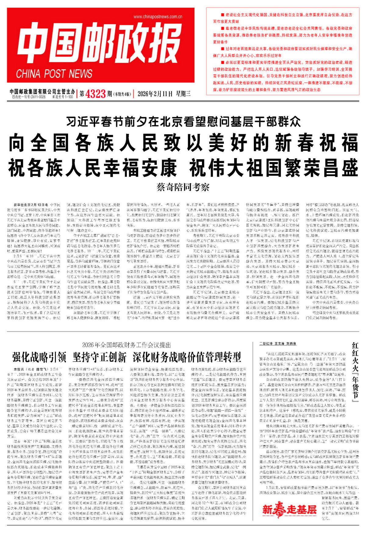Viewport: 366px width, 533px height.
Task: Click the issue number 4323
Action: [96, 94]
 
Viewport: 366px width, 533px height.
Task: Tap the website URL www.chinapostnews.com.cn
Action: [158, 17]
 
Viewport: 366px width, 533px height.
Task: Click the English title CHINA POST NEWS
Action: [54, 74]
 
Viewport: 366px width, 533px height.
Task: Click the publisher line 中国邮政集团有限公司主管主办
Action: [42, 91]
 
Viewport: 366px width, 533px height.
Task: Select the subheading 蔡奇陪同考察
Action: [183, 187]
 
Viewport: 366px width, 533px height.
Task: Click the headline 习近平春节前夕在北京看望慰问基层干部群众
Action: [183, 122]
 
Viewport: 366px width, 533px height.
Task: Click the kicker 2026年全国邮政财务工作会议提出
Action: [126, 345]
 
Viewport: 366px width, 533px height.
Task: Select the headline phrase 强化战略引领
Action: [39, 356]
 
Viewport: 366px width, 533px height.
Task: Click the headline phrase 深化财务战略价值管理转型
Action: [187, 356]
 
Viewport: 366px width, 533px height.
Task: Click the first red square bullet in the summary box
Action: [214, 15]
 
